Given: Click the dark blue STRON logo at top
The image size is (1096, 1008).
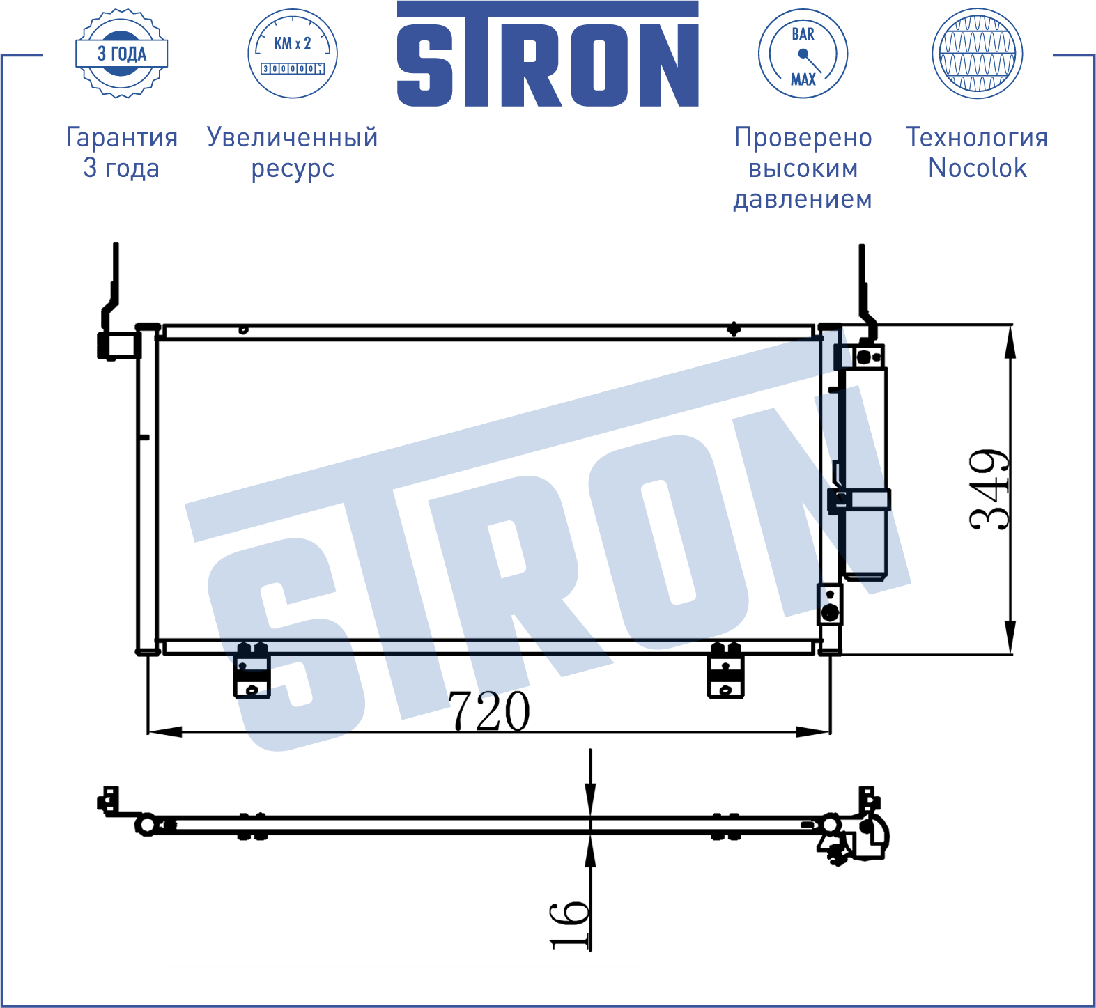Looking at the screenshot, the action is coord(548,54).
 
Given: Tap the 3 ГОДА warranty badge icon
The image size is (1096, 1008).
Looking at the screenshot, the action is coord(122,54).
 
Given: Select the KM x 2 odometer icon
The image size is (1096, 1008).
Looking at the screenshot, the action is coord(293,54).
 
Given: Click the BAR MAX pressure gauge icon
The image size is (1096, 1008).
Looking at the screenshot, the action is coord(803,54).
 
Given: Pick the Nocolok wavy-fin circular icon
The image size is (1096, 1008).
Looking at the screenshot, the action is coord(977,54).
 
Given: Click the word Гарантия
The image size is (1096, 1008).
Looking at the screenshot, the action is coord(122,137).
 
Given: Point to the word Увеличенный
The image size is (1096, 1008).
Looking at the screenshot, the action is coord(293,137).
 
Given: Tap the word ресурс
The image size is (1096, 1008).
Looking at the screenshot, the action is coord(293,169).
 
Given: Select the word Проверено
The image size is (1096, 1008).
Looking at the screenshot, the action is coord(803,137).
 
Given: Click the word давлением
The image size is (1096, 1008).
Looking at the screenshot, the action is coord(803,199).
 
